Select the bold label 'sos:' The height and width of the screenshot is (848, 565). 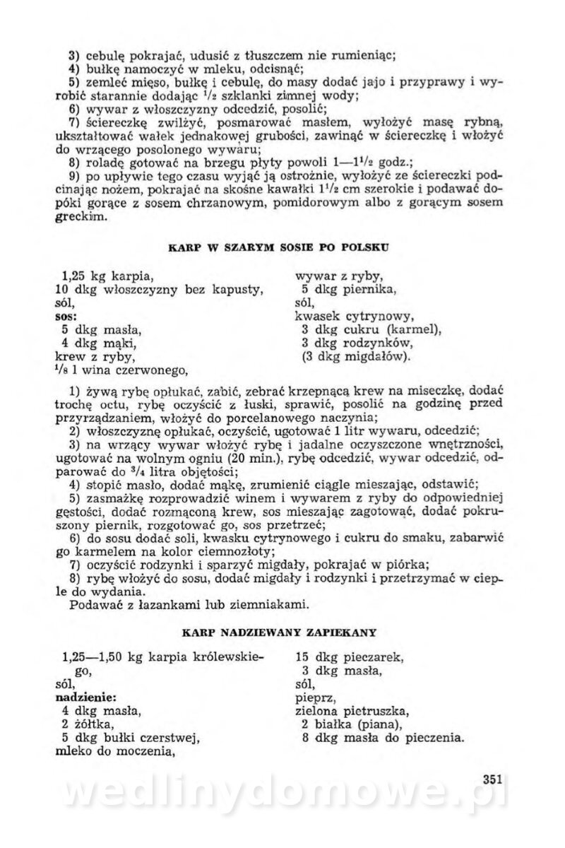[x=66, y=316]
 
